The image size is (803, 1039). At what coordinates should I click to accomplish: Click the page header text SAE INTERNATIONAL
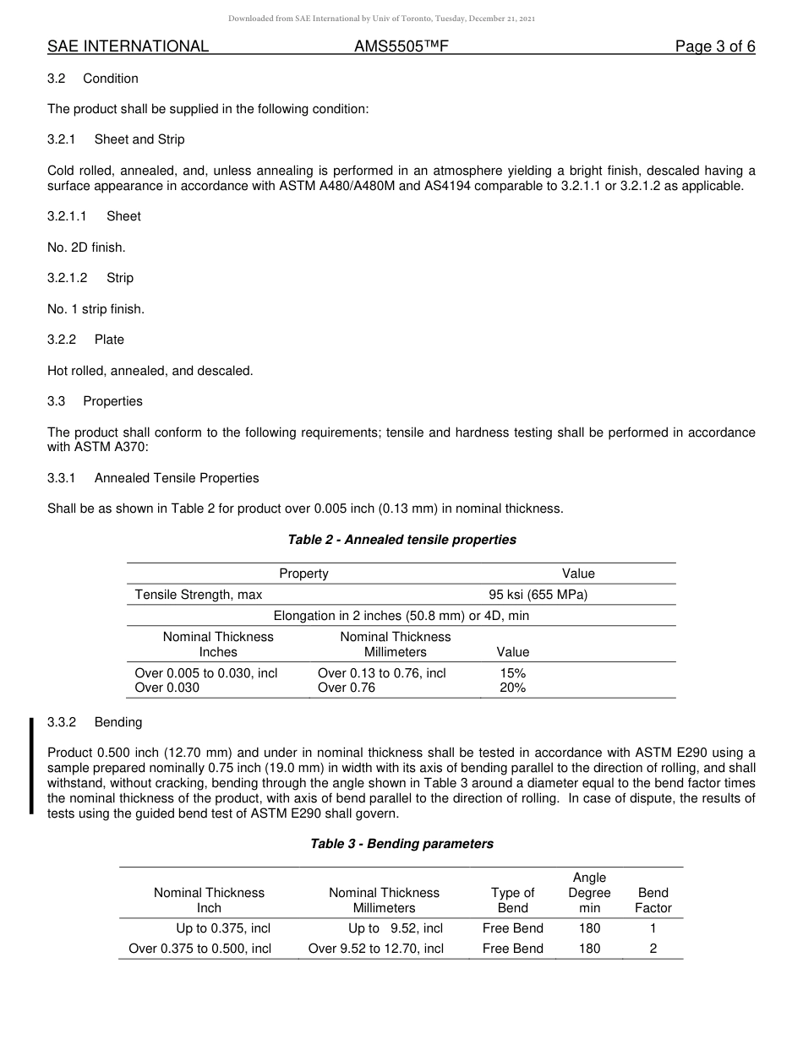(128, 46)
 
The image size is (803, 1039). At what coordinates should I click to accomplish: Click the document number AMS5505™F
(401, 46)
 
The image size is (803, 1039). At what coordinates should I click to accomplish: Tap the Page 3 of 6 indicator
(714, 46)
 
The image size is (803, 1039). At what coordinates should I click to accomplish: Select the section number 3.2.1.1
(67, 216)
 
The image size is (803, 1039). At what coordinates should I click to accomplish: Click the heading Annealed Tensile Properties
(177, 478)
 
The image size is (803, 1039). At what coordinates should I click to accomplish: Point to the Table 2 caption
(401, 540)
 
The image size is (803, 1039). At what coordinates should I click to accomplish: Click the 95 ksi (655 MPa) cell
(538, 595)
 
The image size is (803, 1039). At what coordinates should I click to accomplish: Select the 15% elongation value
(512, 673)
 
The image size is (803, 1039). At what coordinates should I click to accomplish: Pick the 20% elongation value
(512, 688)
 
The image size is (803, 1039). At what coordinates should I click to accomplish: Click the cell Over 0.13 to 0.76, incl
(381, 673)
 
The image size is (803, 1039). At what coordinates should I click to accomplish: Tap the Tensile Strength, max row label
(199, 595)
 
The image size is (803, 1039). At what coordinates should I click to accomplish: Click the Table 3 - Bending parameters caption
(401, 844)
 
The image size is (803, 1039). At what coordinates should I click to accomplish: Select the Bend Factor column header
(653, 900)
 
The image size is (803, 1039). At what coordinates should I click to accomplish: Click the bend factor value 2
(653, 949)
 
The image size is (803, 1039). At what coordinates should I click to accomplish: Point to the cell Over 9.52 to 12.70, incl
(375, 949)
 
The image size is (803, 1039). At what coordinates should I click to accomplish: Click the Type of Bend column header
(512, 900)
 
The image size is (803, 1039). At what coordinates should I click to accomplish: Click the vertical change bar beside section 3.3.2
(32, 766)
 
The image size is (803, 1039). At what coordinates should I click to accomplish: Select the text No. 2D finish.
(86, 248)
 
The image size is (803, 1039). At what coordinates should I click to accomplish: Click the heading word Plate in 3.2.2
(109, 340)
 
